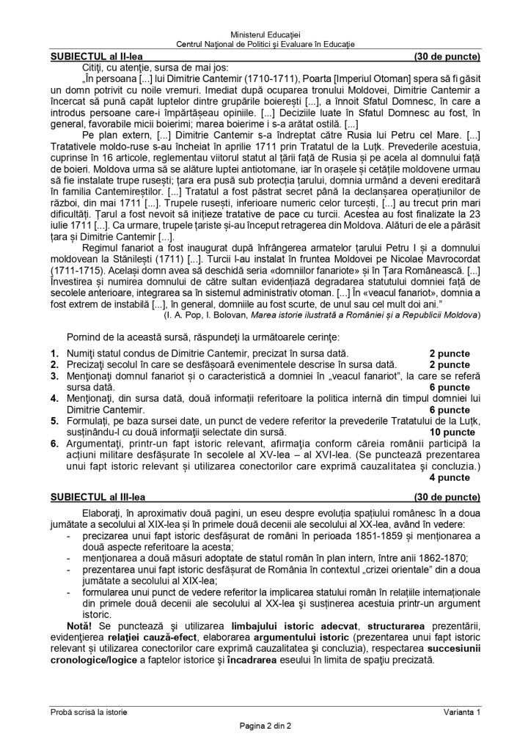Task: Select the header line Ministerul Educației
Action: [x=265, y=34]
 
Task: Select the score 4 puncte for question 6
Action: [x=449, y=477]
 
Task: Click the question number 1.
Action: [x=54, y=353]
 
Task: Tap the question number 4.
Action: [x=54, y=398]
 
